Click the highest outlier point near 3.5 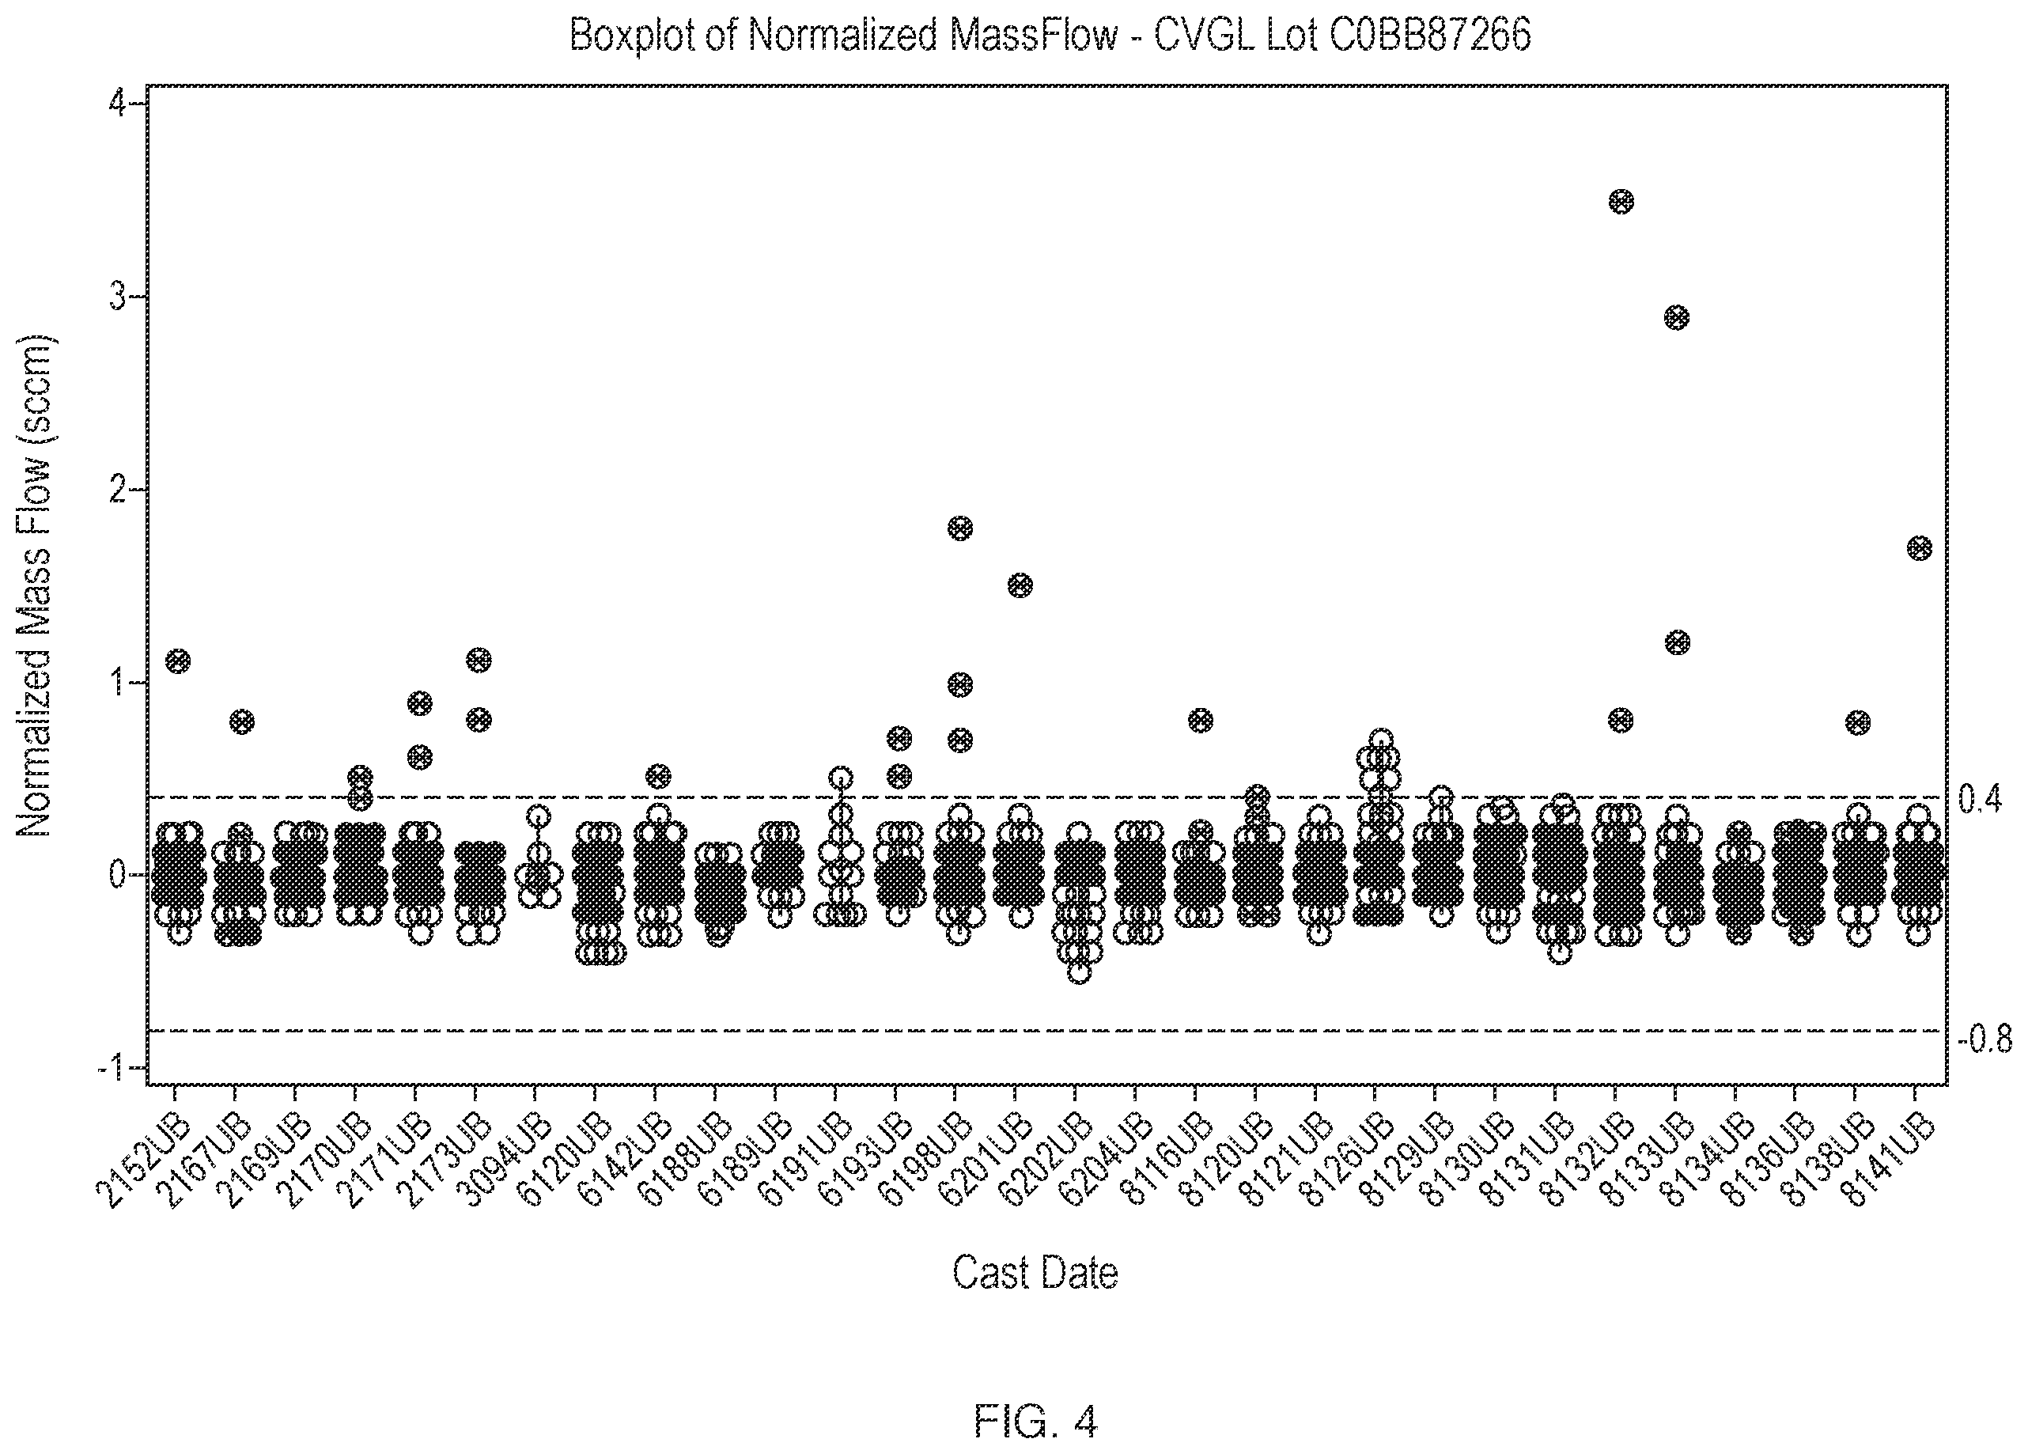click(1620, 201)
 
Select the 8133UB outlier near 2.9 click(1677, 317)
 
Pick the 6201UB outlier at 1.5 click(1020, 585)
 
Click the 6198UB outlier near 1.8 click(959, 528)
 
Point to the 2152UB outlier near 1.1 click(178, 661)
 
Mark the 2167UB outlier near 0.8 click(241, 721)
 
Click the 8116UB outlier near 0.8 click(1200, 720)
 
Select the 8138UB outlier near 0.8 click(1857, 722)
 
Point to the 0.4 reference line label click(1980, 800)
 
